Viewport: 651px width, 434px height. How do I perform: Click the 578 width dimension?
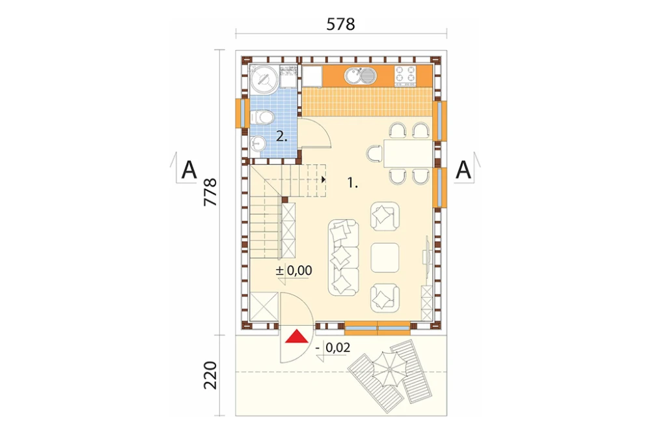click(340, 24)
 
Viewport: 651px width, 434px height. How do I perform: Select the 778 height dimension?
click(210, 192)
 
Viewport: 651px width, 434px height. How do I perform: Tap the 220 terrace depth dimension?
click(210, 375)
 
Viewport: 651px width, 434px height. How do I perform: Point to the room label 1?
click(352, 182)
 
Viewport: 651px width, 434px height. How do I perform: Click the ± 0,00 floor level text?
click(294, 270)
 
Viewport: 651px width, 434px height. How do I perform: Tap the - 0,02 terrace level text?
click(333, 347)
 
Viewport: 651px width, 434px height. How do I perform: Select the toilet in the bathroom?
click(260, 117)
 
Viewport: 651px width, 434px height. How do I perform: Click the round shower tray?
click(263, 80)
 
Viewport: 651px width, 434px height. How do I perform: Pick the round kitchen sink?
click(352, 76)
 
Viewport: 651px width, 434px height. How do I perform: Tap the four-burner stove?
click(405, 75)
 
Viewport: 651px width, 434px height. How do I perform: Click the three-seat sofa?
click(344, 257)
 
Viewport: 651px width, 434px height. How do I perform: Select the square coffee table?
click(385, 257)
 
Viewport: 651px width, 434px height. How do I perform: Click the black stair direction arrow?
click(324, 180)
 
